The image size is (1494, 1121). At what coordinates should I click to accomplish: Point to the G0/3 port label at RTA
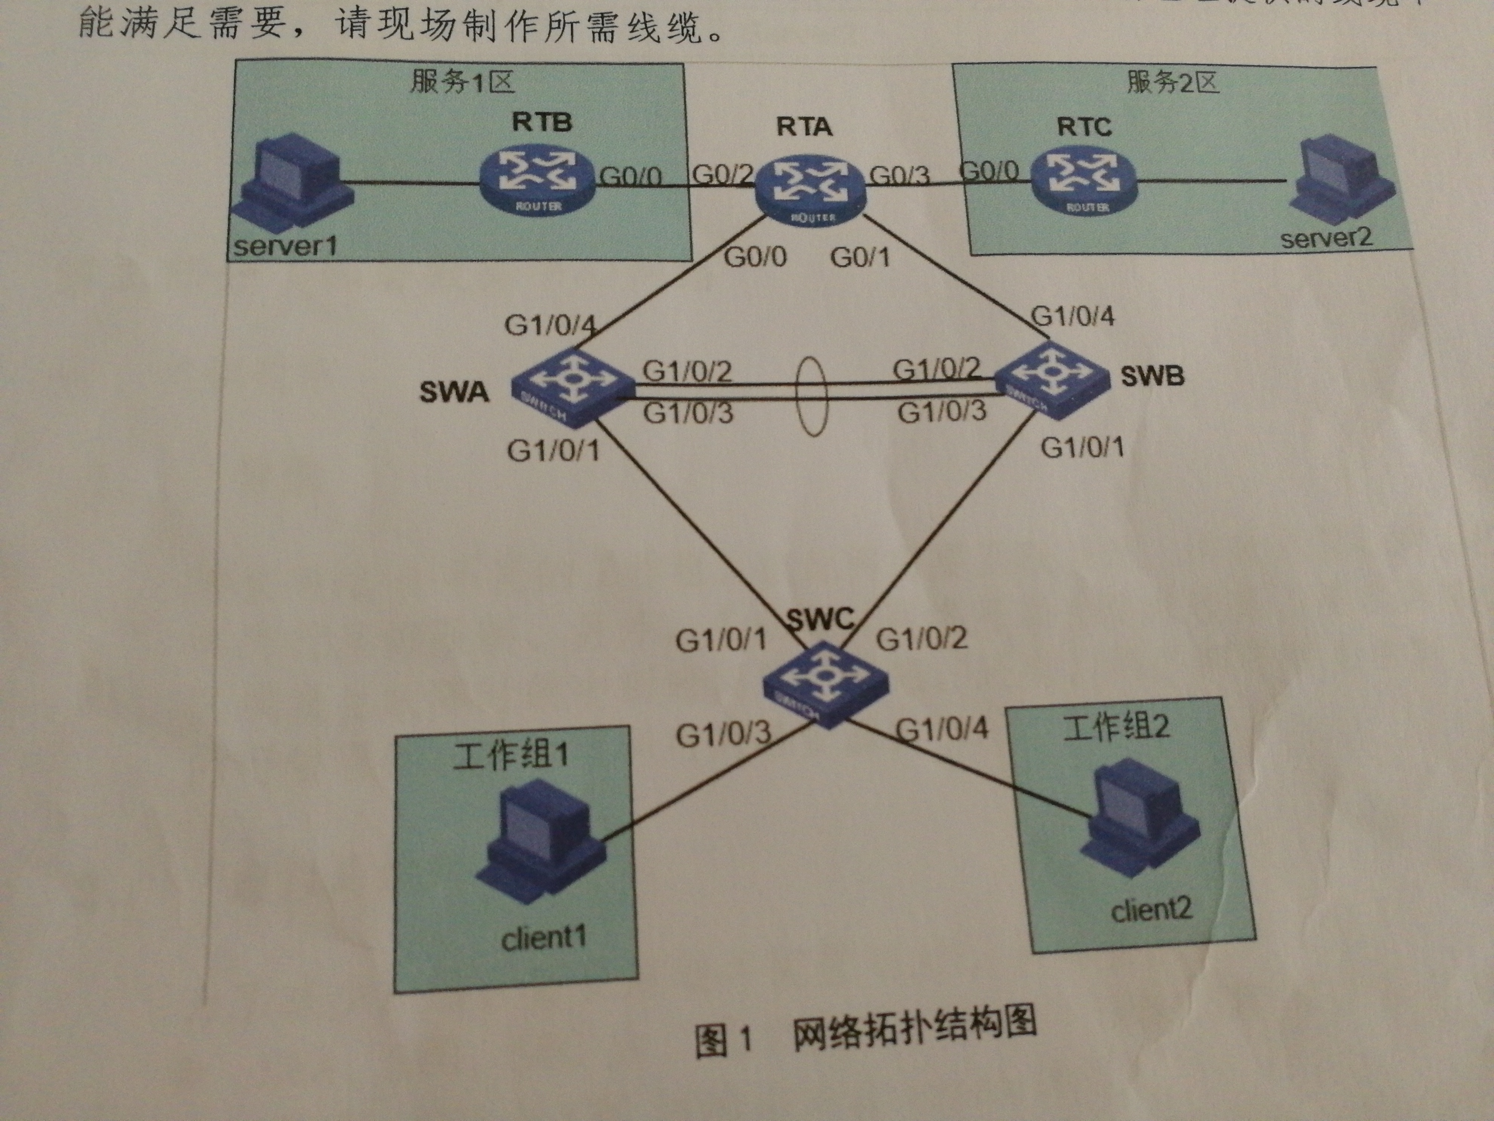coord(899,176)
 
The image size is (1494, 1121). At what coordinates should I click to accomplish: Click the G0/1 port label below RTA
coord(860,257)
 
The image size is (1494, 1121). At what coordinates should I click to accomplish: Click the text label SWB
coord(1152,376)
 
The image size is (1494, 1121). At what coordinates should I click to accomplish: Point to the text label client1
coord(544,938)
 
